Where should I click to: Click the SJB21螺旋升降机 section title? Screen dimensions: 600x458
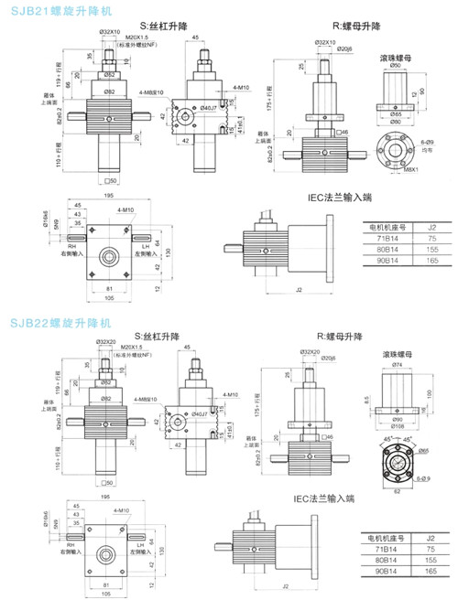[56, 11]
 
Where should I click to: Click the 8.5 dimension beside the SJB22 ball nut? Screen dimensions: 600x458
[367, 400]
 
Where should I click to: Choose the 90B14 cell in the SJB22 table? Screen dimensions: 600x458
[382, 569]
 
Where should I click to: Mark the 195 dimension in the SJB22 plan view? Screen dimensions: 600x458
[108, 498]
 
